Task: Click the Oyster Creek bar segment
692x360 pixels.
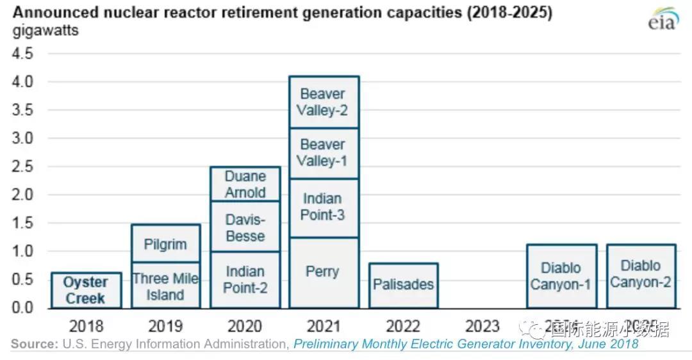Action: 86,290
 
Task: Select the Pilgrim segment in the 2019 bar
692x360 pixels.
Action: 165,243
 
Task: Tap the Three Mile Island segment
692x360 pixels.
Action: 165,286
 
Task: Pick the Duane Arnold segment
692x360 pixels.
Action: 245,184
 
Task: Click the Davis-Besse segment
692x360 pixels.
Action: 245,227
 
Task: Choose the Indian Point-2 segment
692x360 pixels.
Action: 245,280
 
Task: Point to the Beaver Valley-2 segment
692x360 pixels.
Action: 323,102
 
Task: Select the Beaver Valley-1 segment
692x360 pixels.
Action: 323,153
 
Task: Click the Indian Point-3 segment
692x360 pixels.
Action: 323,207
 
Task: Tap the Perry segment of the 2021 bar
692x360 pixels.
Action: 323,272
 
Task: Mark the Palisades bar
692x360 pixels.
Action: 403,285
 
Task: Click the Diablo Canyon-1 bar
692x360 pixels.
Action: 561,276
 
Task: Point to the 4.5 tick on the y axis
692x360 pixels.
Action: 23,54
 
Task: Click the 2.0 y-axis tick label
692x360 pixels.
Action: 23,195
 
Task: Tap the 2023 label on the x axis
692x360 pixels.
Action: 482,327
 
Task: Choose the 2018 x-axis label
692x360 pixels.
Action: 86,327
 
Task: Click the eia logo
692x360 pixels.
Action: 663,21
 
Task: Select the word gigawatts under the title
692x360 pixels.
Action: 46,30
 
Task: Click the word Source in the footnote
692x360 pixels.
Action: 34,345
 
